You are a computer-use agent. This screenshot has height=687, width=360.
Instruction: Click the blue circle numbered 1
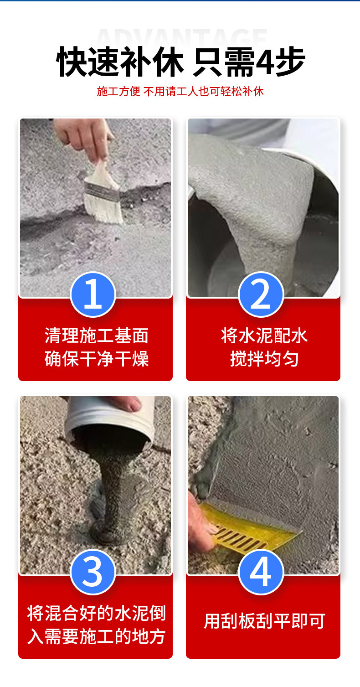pos(93,294)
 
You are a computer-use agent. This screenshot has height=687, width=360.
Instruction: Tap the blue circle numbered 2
pos(261,294)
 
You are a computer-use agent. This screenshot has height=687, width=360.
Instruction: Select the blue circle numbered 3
pos(93,572)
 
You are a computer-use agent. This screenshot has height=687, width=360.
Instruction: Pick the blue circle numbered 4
pos(261,572)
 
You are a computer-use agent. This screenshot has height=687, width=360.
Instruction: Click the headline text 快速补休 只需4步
pos(180,62)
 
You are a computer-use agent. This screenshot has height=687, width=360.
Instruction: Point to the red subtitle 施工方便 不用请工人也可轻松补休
pos(180,91)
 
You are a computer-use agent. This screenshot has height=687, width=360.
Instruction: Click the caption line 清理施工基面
pos(97,336)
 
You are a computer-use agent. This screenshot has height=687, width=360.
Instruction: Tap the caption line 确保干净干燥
pos(97,358)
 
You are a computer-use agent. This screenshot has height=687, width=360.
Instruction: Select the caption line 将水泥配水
pos(264,336)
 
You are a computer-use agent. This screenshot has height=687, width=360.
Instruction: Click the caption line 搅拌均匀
pos(264,358)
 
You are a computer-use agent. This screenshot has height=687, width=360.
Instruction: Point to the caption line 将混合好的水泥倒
pos(97,613)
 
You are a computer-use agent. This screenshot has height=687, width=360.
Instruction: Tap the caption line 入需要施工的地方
pos(97,636)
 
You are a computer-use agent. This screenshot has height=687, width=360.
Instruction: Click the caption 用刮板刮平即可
pos(264,621)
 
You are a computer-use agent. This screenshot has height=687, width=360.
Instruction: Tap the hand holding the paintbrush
pos(83,138)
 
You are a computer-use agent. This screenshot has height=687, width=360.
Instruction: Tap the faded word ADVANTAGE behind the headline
pos(181,37)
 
